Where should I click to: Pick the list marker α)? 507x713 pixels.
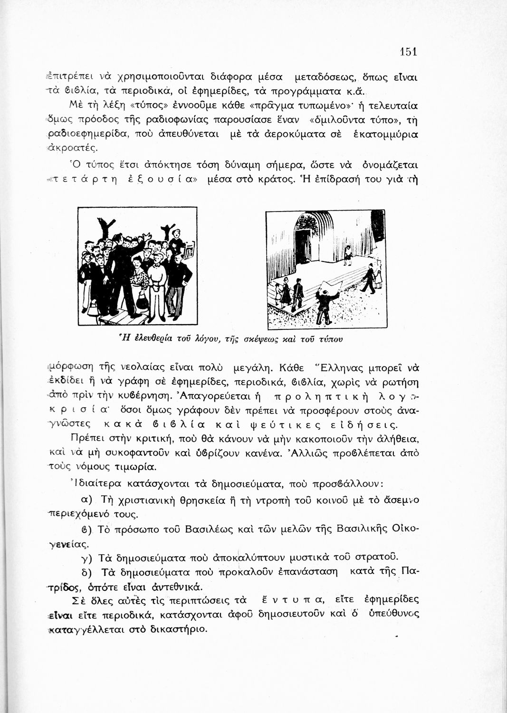(86, 500)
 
